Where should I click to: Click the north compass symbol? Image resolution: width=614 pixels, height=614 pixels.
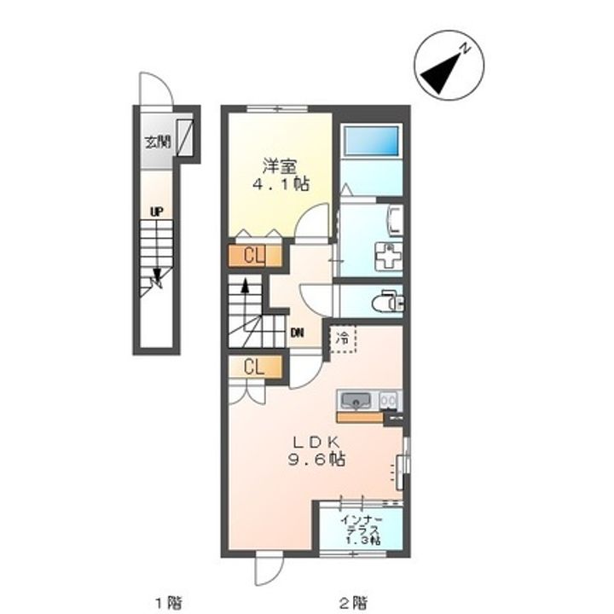449,66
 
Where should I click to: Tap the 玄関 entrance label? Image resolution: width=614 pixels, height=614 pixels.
158,142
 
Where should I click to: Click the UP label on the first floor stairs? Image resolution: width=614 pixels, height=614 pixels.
157,212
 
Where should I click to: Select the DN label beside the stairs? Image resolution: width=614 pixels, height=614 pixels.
298,333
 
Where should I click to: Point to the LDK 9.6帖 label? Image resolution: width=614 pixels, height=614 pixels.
316,451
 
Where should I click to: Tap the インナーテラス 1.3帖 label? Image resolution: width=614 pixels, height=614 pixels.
360,530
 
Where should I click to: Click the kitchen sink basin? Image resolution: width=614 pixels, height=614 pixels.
356,401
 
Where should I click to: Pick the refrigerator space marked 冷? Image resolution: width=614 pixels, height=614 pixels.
343,339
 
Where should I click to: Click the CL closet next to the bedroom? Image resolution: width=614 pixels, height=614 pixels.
254,256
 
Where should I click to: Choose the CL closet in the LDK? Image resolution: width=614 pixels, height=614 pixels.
254,367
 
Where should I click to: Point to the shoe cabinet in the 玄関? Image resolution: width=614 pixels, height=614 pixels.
185,137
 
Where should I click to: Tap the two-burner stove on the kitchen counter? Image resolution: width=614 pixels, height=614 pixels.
389,401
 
